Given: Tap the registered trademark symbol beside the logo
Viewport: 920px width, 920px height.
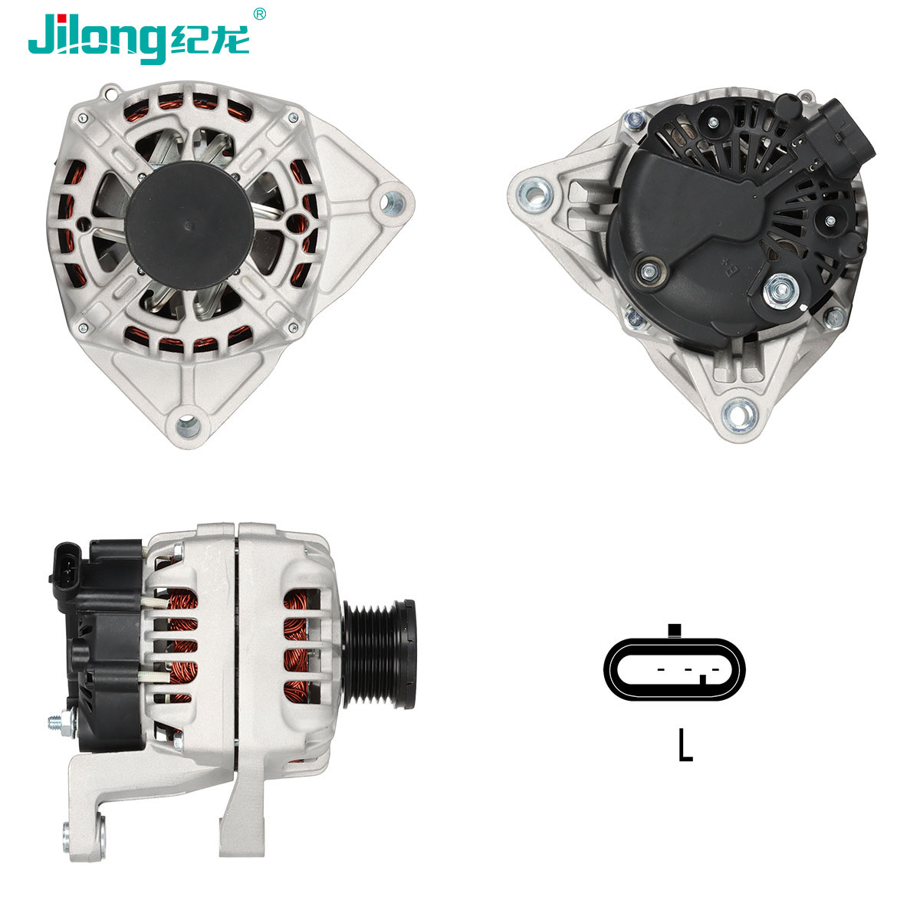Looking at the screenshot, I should point(260,13).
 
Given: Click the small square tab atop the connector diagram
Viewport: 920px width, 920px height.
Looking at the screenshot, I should point(675,631).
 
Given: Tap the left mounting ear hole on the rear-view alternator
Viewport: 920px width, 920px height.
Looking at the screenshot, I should point(534,193).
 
